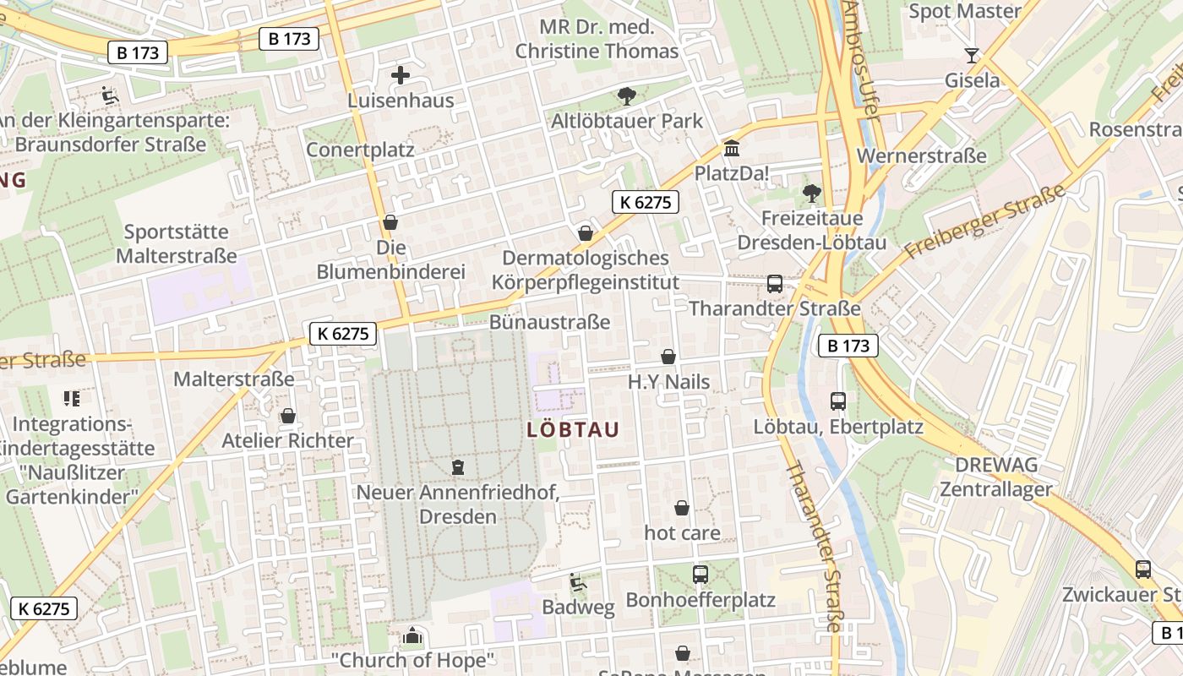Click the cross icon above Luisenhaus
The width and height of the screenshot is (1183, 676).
pyautogui.click(x=401, y=75)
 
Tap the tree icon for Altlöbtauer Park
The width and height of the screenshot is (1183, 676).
pyautogui.click(x=626, y=96)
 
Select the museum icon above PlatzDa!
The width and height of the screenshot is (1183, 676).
pyautogui.click(x=731, y=149)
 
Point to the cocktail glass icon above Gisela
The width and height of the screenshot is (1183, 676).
pyautogui.click(x=972, y=56)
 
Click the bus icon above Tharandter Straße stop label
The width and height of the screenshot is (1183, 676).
pyautogui.click(x=774, y=284)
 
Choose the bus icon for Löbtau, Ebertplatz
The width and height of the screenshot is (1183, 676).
pyautogui.click(x=837, y=401)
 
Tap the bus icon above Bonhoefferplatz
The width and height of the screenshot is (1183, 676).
pyautogui.click(x=700, y=575)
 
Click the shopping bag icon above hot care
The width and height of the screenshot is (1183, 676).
pyautogui.click(x=681, y=508)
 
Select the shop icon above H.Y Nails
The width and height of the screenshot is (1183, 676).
pyautogui.click(x=668, y=357)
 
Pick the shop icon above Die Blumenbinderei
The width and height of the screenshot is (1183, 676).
pyautogui.click(x=390, y=222)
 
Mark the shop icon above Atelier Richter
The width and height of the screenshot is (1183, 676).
pyautogui.click(x=287, y=416)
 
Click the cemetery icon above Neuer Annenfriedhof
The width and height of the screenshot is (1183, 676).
pyautogui.click(x=458, y=466)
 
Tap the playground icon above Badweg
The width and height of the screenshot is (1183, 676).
pyautogui.click(x=578, y=582)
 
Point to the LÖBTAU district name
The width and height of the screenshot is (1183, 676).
pyautogui.click(x=573, y=429)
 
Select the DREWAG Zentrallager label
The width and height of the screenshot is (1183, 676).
pyautogui.click(x=995, y=477)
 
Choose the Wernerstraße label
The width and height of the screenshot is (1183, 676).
pyautogui.click(x=921, y=156)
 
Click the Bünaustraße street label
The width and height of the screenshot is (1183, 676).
pyautogui.click(x=549, y=323)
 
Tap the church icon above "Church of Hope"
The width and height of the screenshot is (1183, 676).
pyautogui.click(x=412, y=635)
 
